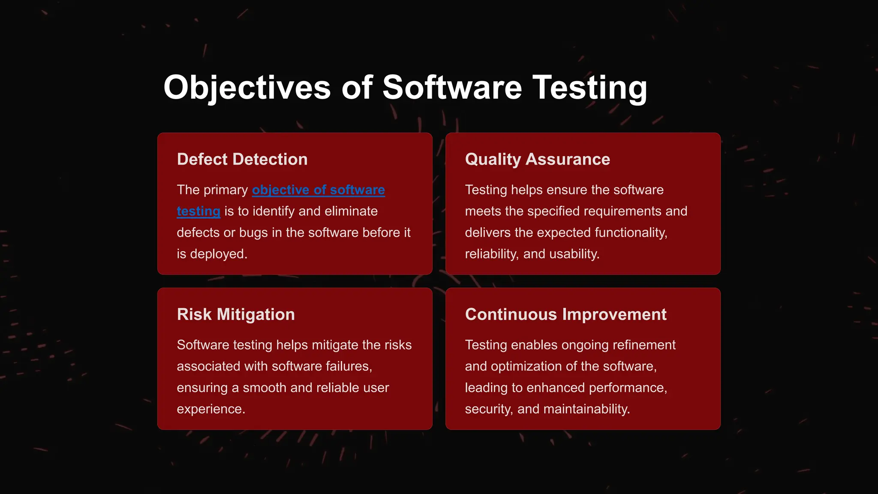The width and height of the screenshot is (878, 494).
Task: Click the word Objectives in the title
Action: coord(247,88)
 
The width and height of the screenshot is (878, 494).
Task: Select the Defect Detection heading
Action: coord(242,160)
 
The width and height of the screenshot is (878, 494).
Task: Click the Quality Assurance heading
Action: coord(537,160)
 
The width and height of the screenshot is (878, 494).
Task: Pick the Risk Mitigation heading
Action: coord(236,315)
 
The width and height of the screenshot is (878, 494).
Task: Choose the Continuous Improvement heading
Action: coord(565,315)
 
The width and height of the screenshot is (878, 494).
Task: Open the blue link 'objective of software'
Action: coord(318,190)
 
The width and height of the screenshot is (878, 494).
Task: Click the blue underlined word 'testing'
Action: coord(198,211)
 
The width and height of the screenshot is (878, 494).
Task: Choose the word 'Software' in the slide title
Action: coord(451,88)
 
